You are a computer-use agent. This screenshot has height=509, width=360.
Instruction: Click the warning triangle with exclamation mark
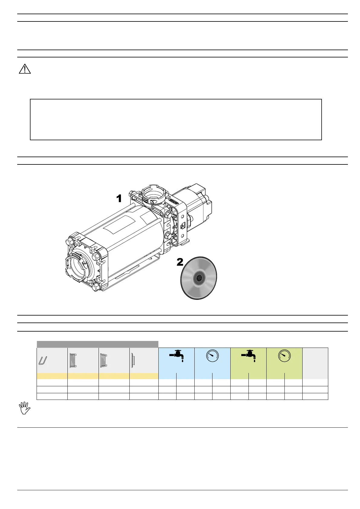pos(25,69)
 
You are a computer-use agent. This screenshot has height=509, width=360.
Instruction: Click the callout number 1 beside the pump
pos(119,198)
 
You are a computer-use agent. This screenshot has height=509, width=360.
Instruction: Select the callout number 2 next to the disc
pos(180,262)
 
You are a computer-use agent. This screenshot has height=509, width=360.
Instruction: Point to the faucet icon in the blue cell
pos(176,356)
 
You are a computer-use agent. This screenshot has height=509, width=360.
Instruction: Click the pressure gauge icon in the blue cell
pos(212,356)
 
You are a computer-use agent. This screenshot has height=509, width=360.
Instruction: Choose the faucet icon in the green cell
pos(248,356)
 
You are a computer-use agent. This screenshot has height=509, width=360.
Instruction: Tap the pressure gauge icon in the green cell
pos(284,356)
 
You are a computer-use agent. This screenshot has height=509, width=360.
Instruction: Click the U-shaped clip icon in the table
pos(43,361)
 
